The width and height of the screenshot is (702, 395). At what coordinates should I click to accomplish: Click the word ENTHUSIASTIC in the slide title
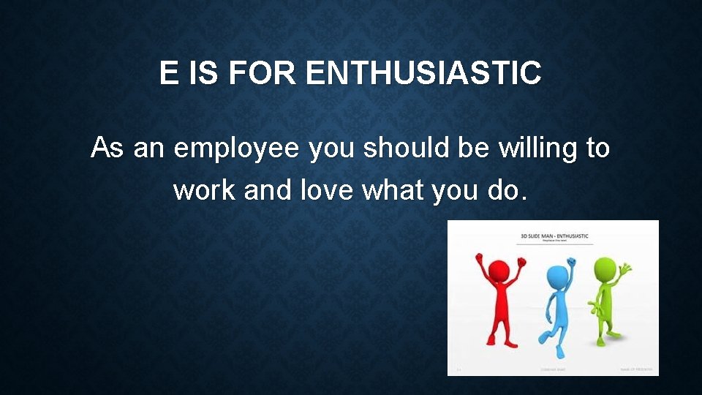pos(424,73)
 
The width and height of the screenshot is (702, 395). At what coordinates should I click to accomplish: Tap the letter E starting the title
pos(168,73)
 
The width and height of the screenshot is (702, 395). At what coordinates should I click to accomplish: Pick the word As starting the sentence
pos(107,148)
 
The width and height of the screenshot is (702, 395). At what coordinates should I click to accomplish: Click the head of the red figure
pos(499,269)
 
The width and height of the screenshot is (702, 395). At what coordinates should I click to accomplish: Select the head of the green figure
pos(605,268)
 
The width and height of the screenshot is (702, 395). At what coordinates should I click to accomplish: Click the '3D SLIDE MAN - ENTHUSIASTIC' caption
pos(554,236)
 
